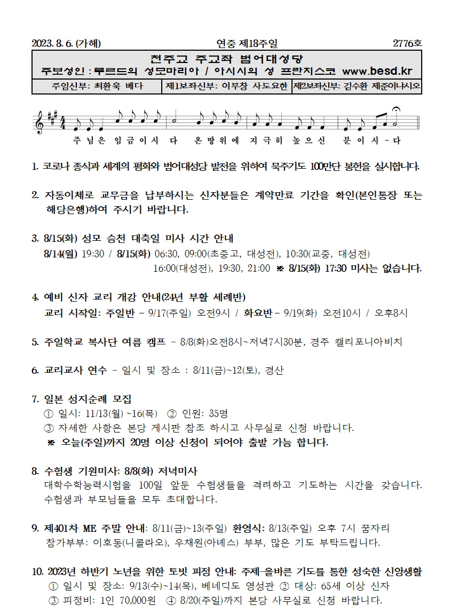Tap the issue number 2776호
click(407, 43)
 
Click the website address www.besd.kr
click(377, 71)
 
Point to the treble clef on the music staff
click(40, 121)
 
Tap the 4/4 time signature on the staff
click(63, 122)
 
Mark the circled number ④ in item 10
click(170, 600)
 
